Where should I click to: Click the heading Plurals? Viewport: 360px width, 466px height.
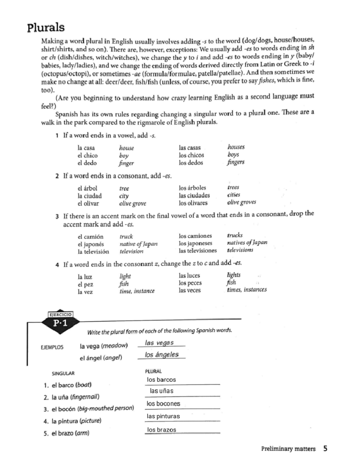pyautogui.click(x=46, y=28)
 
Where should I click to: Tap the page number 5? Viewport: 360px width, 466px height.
pyautogui.click(x=325, y=449)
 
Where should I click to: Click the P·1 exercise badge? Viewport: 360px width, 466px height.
pyautogui.click(x=60, y=323)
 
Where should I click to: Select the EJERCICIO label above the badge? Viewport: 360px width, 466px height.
pyautogui.click(x=60, y=314)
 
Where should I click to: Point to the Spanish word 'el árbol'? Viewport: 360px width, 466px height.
pyautogui.click(x=87, y=188)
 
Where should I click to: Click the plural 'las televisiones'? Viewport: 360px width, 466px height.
pyautogui.click(x=198, y=251)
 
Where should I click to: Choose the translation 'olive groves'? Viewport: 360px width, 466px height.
pyautogui.click(x=241, y=202)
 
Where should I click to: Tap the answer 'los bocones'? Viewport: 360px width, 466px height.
pyautogui.click(x=163, y=404)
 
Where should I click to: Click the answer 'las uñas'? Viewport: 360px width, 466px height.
pyautogui.click(x=161, y=391)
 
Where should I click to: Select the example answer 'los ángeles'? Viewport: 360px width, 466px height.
pyautogui.click(x=161, y=354)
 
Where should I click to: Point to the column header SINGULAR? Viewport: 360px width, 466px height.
pyautogui.click(x=63, y=373)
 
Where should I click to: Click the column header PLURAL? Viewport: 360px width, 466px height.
pyautogui.click(x=153, y=371)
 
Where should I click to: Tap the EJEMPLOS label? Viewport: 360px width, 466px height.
pyautogui.click(x=52, y=347)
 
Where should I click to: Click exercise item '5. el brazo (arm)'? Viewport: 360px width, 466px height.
pyautogui.click(x=67, y=433)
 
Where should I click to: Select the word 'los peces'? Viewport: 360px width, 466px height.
pyautogui.click(x=190, y=283)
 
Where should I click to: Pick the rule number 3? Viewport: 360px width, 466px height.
pyautogui.click(x=57, y=216)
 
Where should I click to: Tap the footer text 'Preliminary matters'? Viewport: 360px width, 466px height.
pyautogui.click(x=288, y=449)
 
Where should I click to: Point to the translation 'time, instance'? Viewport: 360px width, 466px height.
pyautogui.click(x=137, y=291)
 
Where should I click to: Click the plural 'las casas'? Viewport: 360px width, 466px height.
pyautogui.click(x=190, y=148)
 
